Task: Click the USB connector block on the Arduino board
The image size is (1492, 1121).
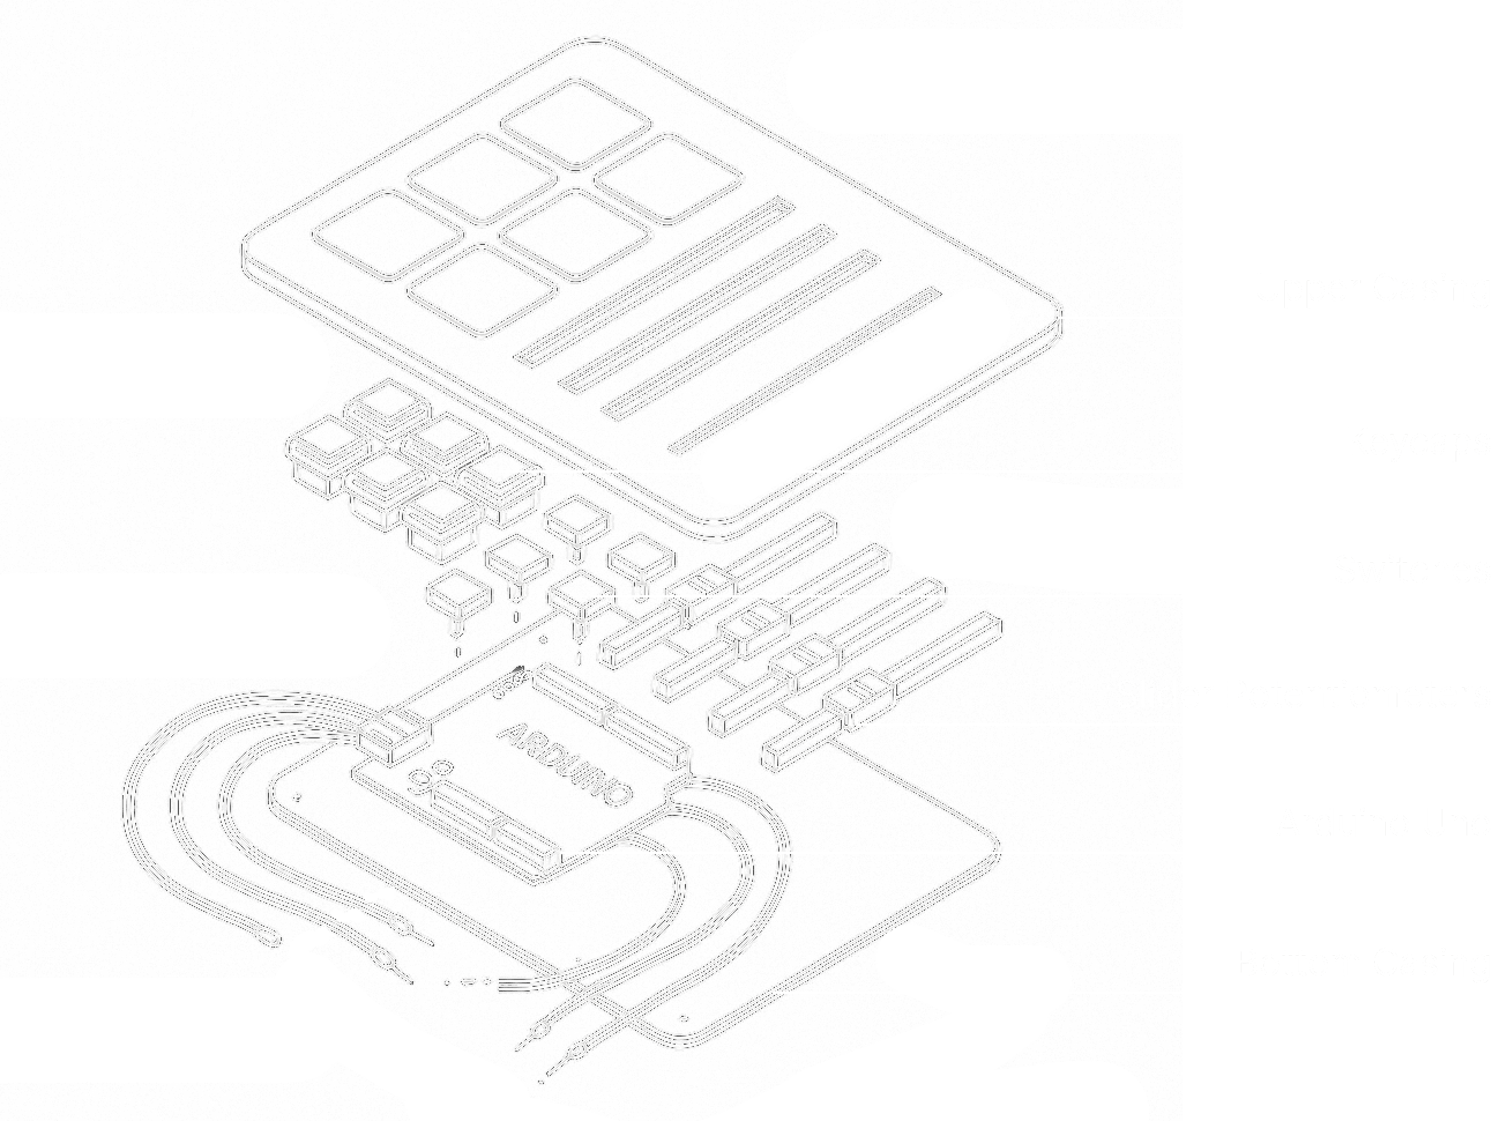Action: pos(393,737)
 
